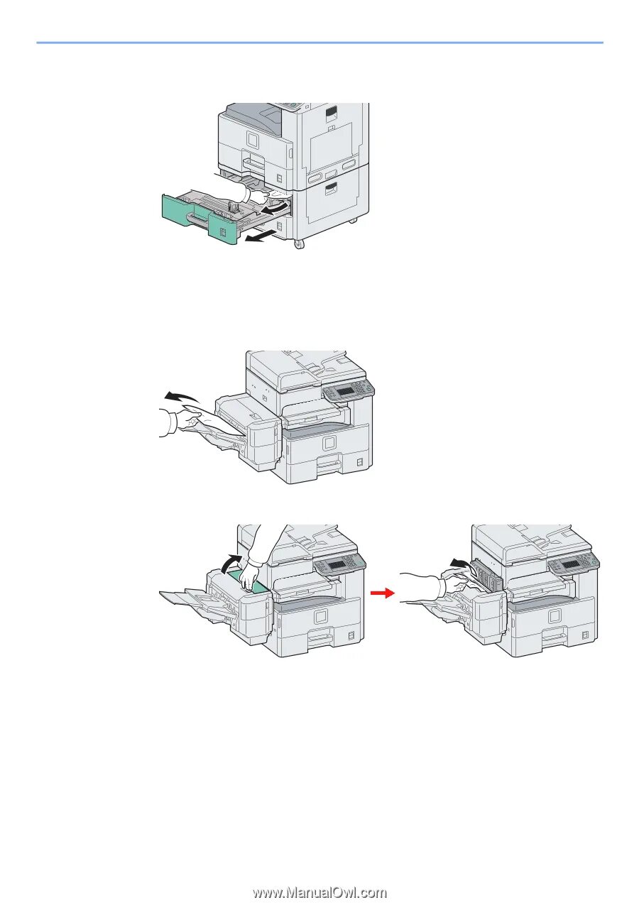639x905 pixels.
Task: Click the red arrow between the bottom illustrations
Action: (x=383, y=593)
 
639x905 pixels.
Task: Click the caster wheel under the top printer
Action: (x=298, y=243)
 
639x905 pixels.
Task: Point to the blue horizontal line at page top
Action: (x=319, y=43)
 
